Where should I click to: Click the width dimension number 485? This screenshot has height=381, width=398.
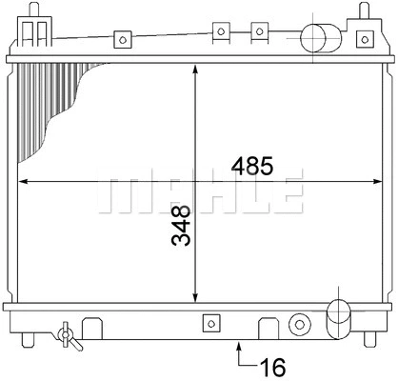click(x=249, y=166)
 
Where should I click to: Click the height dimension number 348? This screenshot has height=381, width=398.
click(x=180, y=226)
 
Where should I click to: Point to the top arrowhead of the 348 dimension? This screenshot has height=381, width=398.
click(x=195, y=70)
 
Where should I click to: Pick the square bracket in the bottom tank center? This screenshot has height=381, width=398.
click(x=209, y=324)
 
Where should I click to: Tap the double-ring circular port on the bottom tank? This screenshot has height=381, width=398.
click(x=299, y=322)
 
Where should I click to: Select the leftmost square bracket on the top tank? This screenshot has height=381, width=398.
click(x=121, y=40)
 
